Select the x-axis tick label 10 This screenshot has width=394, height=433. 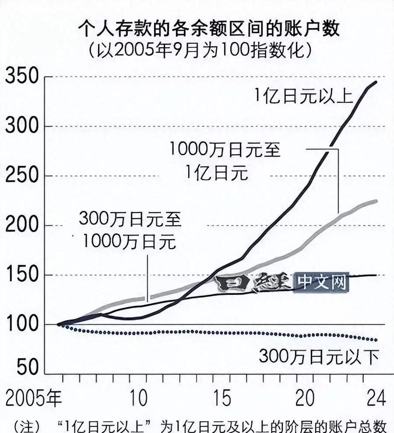point(139,399)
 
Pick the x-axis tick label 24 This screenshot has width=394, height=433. point(376,399)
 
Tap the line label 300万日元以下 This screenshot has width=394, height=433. point(319,357)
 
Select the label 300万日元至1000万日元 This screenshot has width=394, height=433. point(130,230)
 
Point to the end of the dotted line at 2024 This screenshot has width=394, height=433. point(376,340)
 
